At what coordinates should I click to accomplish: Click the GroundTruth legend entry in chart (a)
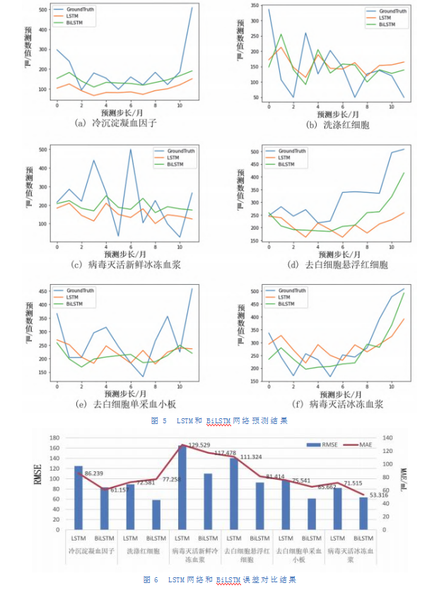pyautogui.click(x=79, y=10)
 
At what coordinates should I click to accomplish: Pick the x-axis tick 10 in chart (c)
pyautogui.click(x=180, y=245)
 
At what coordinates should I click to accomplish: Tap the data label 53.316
pyautogui.click(x=375, y=495)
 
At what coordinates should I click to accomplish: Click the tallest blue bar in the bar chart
pyautogui.click(x=182, y=487)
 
